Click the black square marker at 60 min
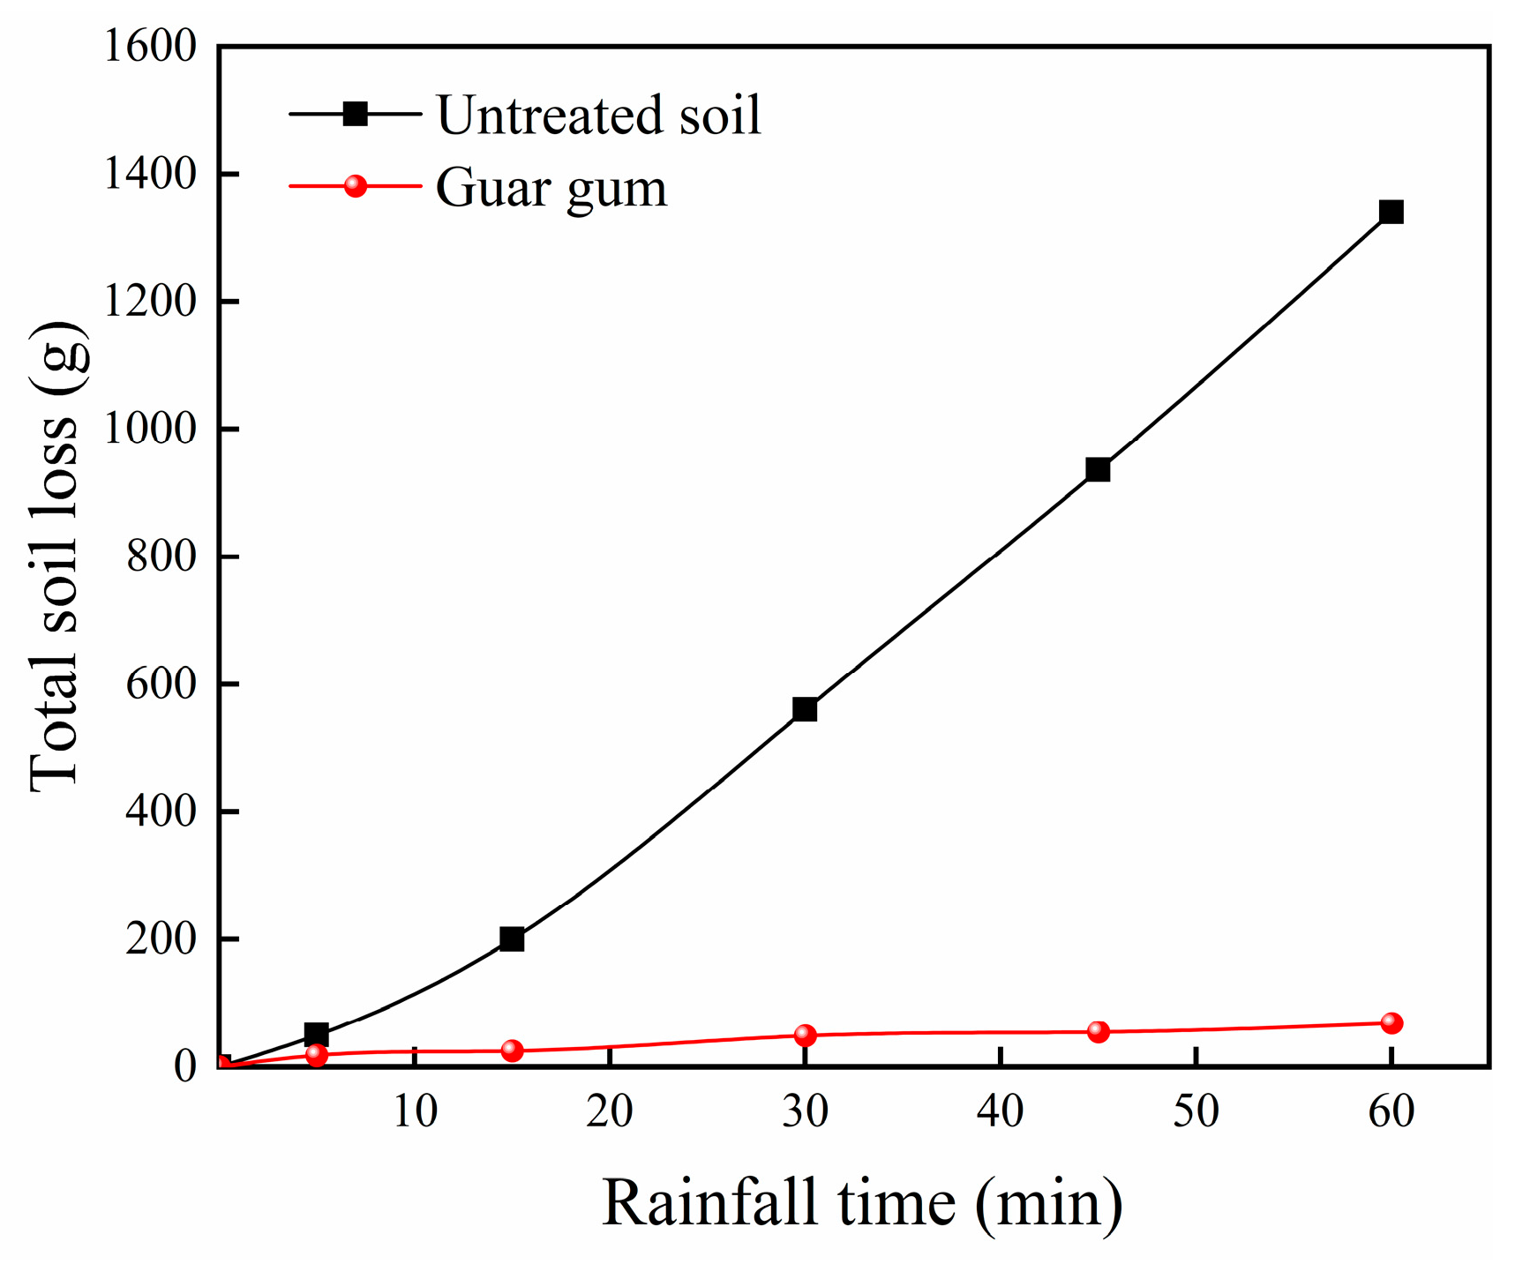pos(1391,212)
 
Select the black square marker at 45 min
pos(1098,469)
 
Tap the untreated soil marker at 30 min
pos(805,709)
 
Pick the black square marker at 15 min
pos(512,939)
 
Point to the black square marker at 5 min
pos(316,1034)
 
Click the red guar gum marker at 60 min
pos(1391,1023)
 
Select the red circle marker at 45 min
pos(1098,1031)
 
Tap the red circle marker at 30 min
pos(805,1035)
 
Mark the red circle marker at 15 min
pos(512,1051)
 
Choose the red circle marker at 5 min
pos(316,1055)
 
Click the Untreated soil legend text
pos(598,116)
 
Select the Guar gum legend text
pos(551,188)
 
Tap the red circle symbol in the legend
pos(355,186)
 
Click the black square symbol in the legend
pos(355,114)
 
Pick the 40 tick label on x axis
pos(1000,1112)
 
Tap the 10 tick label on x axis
pos(414,1112)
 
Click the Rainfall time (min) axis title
pos(862,1203)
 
